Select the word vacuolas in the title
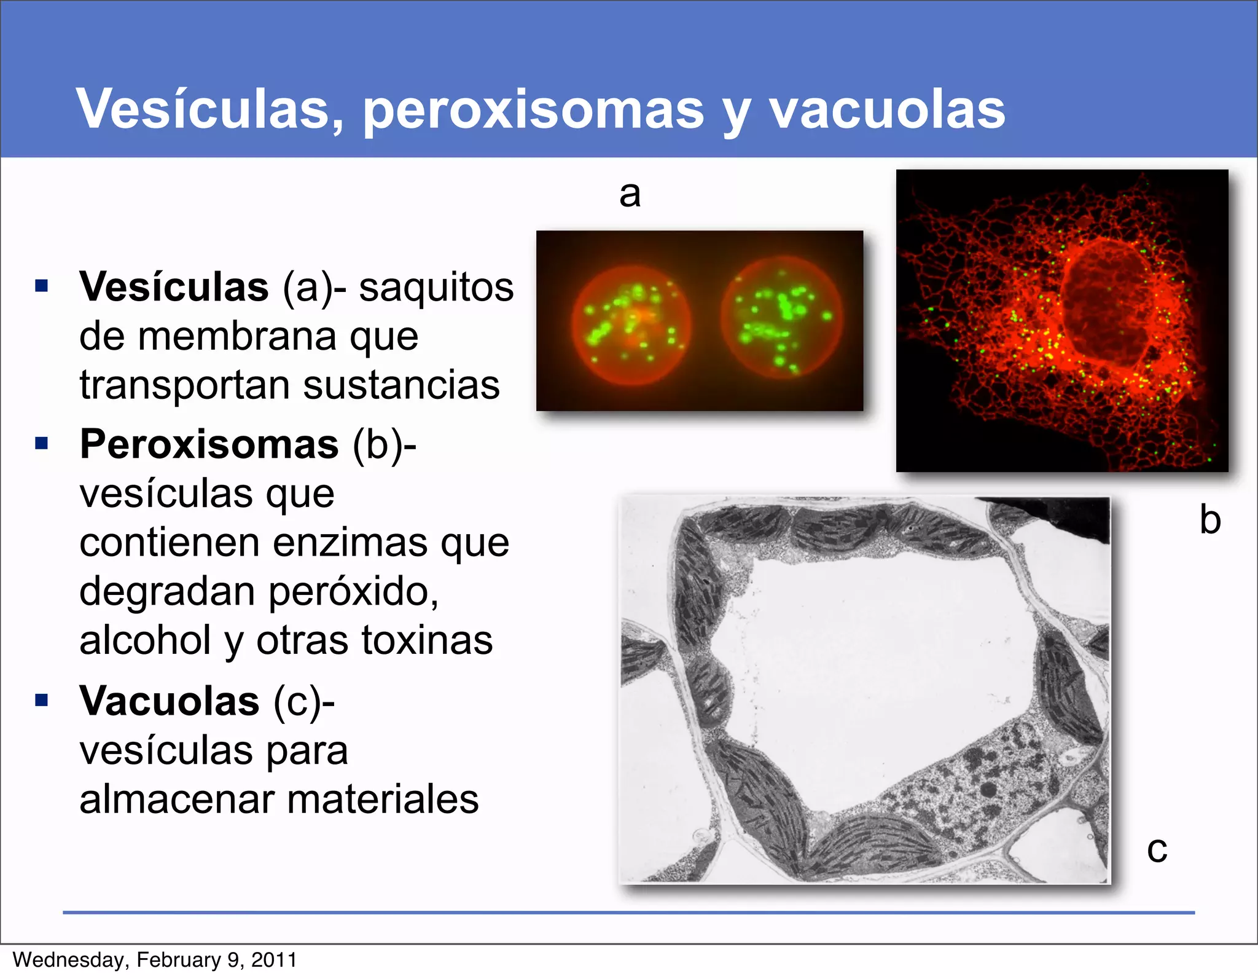(887, 109)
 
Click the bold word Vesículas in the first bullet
(174, 286)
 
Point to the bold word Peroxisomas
(209, 444)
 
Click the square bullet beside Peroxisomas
(42, 444)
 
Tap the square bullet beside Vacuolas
(42, 700)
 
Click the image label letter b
(1210, 520)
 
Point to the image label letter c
(1157, 850)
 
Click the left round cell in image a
(631, 325)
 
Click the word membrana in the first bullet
(238, 337)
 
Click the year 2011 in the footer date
(274, 960)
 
